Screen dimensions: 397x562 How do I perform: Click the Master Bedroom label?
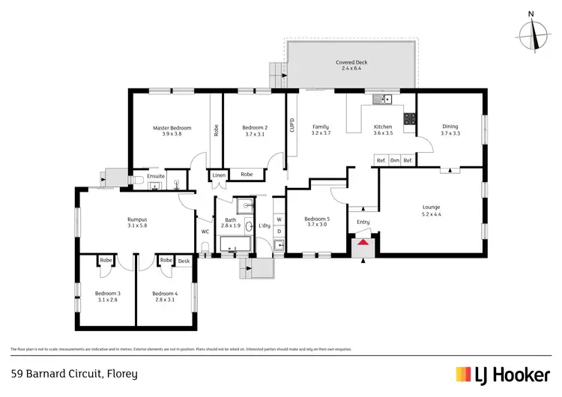[x=172, y=128]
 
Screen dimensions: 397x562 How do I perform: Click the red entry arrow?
[x=363, y=242]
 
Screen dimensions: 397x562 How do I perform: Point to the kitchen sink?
[x=384, y=100]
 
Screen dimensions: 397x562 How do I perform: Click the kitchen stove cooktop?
[x=410, y=118]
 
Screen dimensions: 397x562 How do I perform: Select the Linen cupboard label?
[x=217, y=175]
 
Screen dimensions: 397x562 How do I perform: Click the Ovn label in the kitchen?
[x=394, y=160]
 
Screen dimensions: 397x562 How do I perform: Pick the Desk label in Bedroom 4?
[x=184, y=261]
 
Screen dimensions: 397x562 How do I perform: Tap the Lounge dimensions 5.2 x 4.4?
[x=430, y=213]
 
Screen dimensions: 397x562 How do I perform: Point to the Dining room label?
[x=450, y=127]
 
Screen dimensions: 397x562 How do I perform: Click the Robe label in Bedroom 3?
[x=106, y=261]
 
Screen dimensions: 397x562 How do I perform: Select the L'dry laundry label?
[x=264, y=225]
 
